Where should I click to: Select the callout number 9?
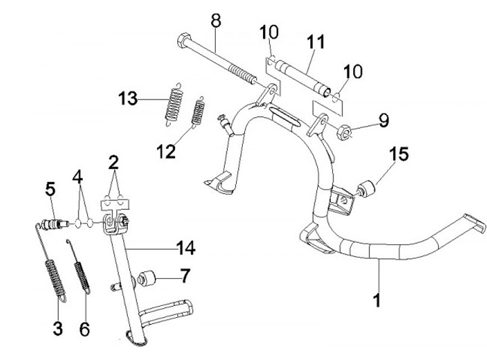tap(383, 121)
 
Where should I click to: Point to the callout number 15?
tap(399, 155)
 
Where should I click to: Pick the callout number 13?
tap(128, 99)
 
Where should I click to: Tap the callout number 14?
tap(184, 249)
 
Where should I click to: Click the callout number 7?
tap(183, 277)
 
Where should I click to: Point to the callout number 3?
tap(57, 330)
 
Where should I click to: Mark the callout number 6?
tap(85, 330)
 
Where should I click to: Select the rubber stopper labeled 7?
tap(147, 278)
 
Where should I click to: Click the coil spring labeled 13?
tap(175, 102)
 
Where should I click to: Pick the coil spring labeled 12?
tap(199, 112)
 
